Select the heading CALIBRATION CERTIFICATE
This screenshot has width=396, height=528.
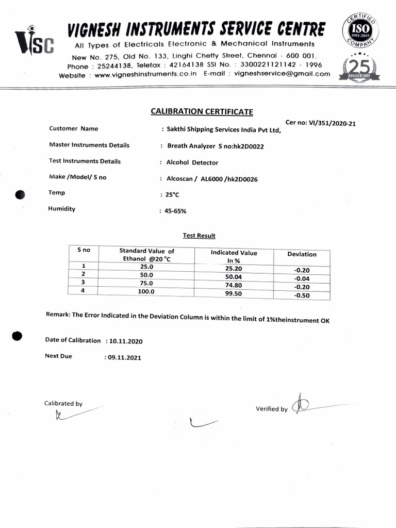click(x=202, y=111)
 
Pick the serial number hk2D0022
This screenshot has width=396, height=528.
click(x=249, y=146)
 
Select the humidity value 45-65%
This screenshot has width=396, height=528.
click(x=176, y=211)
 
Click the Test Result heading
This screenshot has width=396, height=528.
click(x=199, y=236)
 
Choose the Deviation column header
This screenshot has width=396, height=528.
click(x=302, y=254)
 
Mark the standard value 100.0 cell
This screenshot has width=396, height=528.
click(x=146, y=291)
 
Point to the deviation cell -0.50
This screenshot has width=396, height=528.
click(x=302, y=295)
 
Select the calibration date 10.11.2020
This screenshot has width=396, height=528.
click(x=126, y=341)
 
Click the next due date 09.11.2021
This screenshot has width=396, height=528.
click(x=124, y=357)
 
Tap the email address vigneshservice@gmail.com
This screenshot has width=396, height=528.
click(x=282, y=74)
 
